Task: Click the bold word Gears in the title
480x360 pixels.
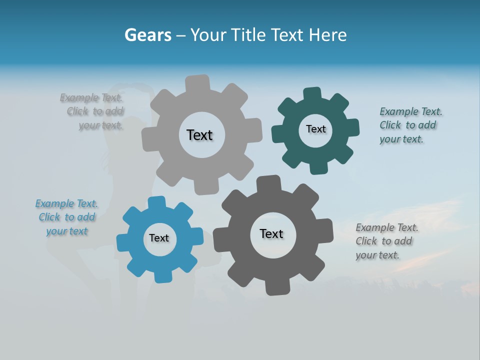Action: [147, 35]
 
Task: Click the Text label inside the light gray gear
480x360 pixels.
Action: [199, 135]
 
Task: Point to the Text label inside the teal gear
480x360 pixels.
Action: [315, 129]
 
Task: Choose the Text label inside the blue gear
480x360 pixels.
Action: [159, 238]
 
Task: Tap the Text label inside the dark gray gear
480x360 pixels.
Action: [271, 233]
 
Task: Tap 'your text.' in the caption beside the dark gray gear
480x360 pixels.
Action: [377, 255]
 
